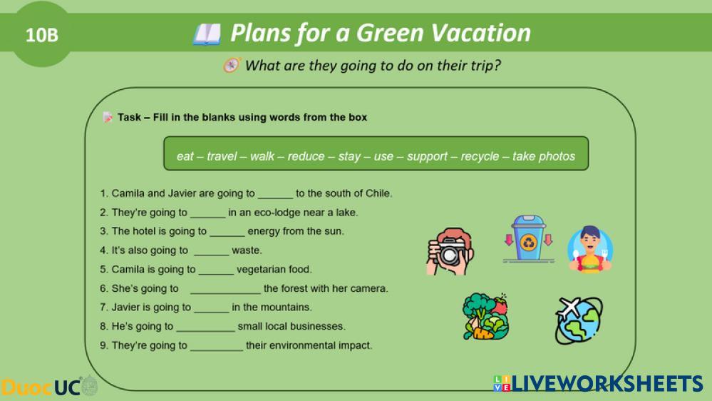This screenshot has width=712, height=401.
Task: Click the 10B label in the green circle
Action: coord(42,35)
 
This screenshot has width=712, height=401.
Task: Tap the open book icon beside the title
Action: coord(207,34)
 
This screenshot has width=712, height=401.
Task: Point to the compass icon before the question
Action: coord(232,66)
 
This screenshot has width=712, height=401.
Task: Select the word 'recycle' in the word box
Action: coord(480,156)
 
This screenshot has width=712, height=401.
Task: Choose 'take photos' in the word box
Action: coord(544,156)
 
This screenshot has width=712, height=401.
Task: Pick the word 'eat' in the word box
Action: coord(185,157)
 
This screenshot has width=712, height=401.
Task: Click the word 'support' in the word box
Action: coord(427,157)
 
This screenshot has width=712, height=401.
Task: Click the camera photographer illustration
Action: coord(450,251)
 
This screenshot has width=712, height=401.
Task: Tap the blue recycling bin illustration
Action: coord(529,239)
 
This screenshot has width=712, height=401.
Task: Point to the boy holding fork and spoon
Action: coord(590,249)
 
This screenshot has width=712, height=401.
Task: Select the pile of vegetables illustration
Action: coord(485,316)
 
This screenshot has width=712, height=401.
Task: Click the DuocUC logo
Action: coord(49,387)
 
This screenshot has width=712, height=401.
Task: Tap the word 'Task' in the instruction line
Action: coord(129,117)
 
